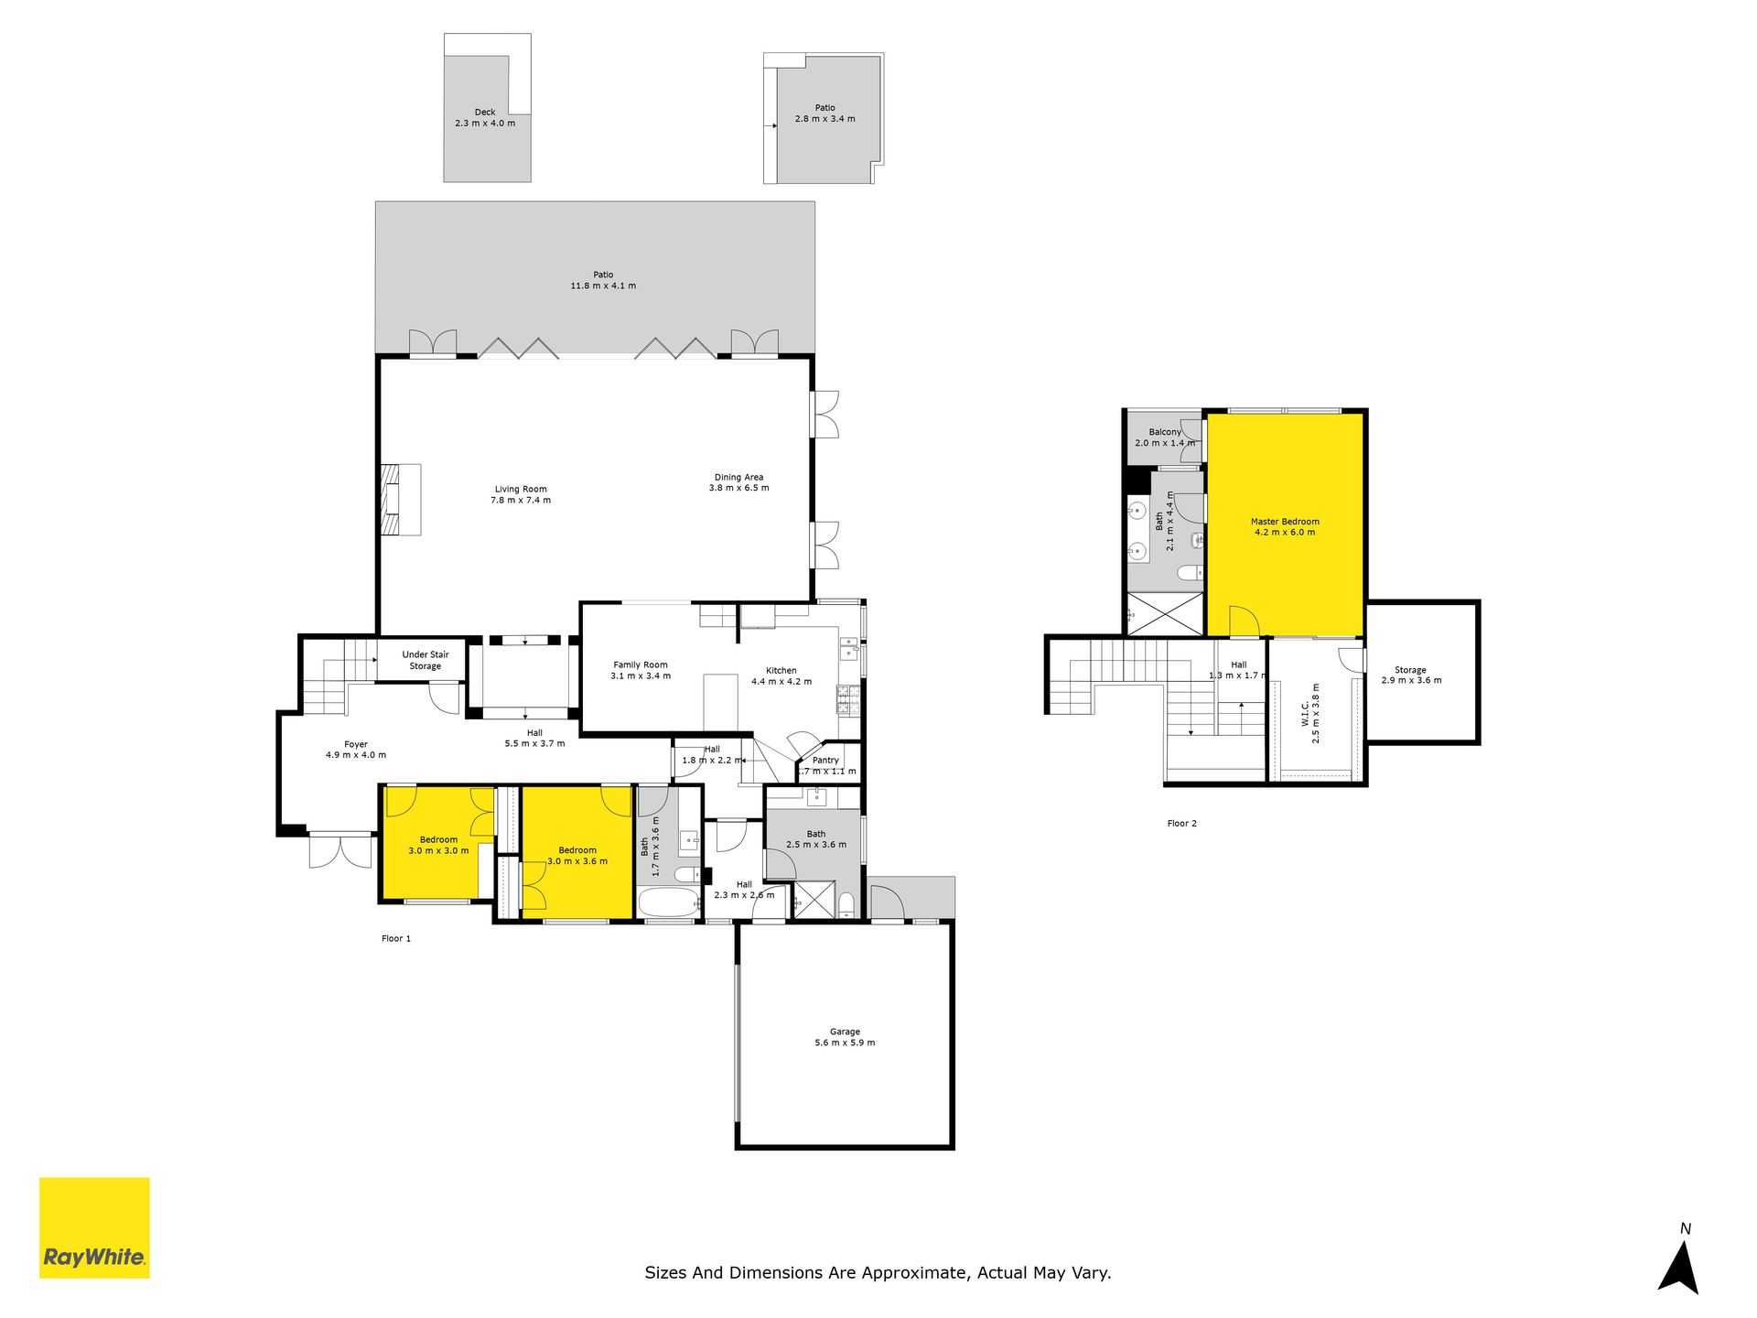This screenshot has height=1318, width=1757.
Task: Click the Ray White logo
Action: (94, 1227)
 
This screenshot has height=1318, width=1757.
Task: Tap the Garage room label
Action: (845, 1032)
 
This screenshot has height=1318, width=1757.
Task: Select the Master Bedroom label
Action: (1285, 522)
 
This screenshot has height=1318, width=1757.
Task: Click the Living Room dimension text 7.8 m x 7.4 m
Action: (521, 501)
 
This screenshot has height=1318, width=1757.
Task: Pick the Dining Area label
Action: (738, 477)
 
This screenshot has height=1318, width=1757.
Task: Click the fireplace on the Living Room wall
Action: (401, 500)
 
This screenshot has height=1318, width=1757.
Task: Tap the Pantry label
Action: (825, 760)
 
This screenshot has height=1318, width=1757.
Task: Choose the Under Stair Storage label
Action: (426, 660)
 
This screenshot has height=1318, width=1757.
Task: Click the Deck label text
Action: (485, 113)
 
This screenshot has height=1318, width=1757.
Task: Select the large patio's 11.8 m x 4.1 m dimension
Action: (603, 286)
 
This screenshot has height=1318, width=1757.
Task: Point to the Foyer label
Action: (356, 744)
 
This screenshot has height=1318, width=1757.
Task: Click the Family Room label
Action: (641, 664)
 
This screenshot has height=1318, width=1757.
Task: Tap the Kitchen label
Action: (781, 670)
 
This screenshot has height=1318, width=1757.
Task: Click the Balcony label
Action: (1165, 432)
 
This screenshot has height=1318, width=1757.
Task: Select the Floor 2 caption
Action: (1182, 824)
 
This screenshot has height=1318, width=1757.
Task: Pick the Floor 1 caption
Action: (396, 938)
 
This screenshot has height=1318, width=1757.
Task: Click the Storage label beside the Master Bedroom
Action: (1410, 670)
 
